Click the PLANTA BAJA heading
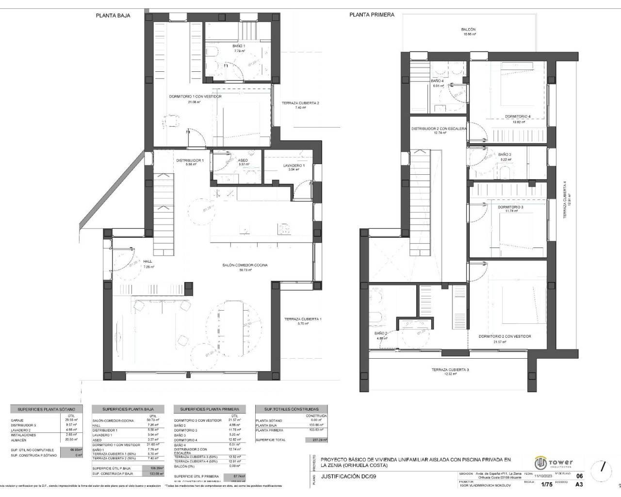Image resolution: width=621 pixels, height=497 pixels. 113,16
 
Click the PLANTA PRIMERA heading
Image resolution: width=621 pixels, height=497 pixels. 372,15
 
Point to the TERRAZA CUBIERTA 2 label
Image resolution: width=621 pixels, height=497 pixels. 300,103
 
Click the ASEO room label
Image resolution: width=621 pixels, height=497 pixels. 243,161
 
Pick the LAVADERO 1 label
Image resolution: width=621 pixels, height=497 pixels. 294,166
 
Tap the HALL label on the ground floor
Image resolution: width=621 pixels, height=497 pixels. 147,262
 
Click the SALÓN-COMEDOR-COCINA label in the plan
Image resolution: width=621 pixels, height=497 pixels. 245,265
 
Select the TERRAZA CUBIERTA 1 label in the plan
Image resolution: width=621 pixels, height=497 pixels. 303,319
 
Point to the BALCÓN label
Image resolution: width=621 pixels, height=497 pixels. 469,30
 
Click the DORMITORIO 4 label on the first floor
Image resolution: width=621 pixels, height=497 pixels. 518,116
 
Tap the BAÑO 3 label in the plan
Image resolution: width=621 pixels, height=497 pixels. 505,155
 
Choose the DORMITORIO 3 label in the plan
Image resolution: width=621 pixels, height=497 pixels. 510,207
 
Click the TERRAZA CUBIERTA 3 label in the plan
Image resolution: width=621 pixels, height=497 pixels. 450,370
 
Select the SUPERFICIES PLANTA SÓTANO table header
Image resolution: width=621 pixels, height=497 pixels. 47,409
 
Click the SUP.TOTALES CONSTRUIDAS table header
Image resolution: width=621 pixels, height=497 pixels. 291,409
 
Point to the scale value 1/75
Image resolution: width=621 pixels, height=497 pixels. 546,484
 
